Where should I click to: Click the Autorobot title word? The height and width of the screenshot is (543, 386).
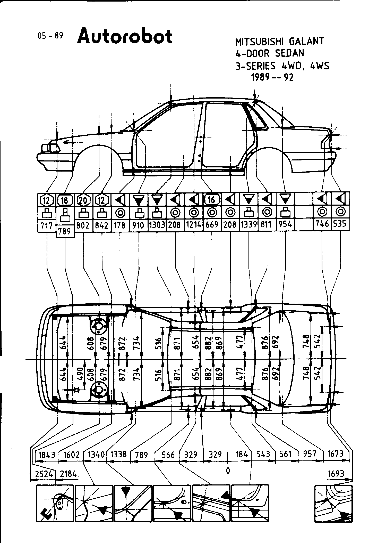125,37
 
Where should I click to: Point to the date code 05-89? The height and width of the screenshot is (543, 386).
50,36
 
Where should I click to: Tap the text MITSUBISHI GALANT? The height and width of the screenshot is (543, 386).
280,41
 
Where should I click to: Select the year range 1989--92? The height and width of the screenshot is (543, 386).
272,77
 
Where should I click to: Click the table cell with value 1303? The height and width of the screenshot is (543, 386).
157,225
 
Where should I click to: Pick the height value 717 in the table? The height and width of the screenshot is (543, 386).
47,226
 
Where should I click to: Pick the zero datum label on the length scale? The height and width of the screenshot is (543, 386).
228,471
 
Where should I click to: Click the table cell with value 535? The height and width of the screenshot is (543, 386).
340,224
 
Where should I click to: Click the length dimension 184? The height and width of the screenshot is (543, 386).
242,454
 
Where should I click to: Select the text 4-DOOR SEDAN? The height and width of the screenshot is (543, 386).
270,53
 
